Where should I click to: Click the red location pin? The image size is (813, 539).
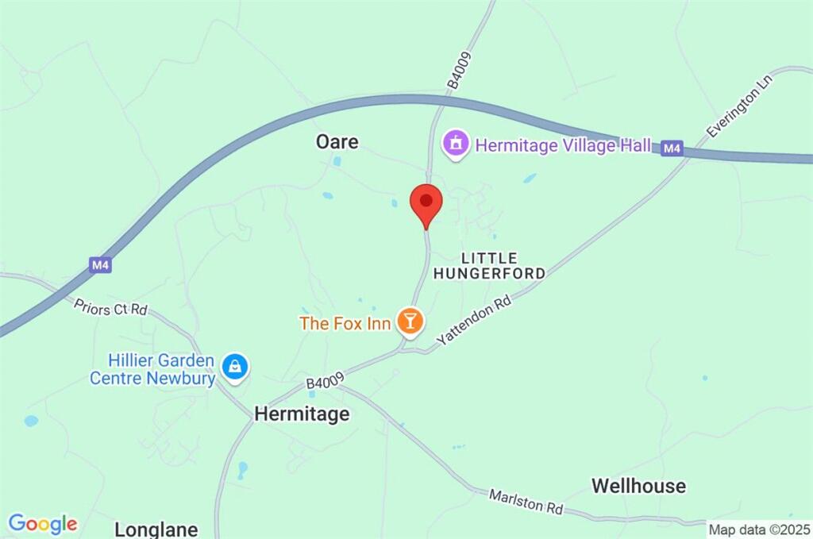tap(426, 204)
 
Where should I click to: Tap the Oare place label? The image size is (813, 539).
tap(337, 142)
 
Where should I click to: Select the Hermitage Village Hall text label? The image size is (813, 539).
tap(563, 145)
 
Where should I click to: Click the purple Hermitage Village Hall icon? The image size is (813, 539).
tap(456, 144)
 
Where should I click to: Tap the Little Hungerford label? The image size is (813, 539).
tap(489, 266)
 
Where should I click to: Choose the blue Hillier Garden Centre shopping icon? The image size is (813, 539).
tap(236, 366)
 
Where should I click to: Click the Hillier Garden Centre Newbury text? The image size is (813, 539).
tap(152, 370)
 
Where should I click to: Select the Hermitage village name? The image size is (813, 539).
tap(301, 414)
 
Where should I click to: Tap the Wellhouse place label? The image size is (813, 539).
tap(638, 486)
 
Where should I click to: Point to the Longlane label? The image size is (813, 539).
tap(156, 529)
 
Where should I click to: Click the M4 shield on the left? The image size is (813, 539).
tap(100, 265)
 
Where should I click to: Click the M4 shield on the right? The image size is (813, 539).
tap(672, 148)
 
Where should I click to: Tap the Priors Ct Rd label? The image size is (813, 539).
tap(111, 306)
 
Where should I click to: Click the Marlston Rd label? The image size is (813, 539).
tap(526, 501)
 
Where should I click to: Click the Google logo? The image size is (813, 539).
tap(43, 524)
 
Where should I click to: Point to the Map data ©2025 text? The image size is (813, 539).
tap(759, 529)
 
